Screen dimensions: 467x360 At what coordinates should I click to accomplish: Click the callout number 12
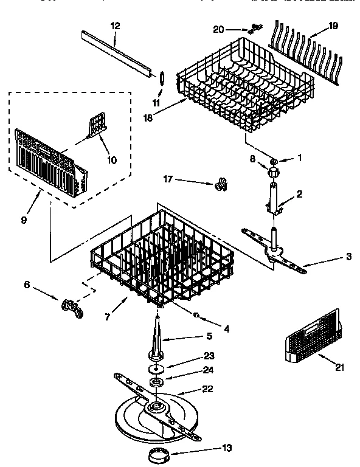[x=116, y=26]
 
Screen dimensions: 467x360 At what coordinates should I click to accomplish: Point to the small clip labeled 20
[x=254, y=28]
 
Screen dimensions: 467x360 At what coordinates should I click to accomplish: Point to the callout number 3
[x=348, y=256]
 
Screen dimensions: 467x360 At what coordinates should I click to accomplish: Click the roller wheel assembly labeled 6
[x=71, y=306]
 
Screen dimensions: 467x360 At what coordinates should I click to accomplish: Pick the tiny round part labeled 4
[x=197, y=315]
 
